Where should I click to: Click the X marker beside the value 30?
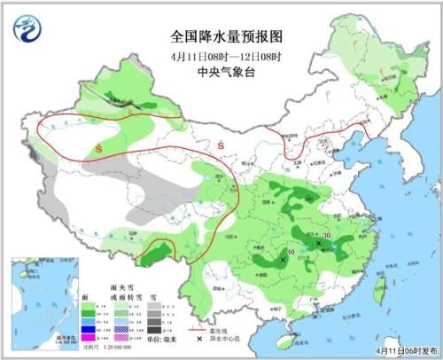318,242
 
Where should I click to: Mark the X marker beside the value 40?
283,261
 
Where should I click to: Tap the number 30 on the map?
328,235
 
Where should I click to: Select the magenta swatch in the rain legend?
88,337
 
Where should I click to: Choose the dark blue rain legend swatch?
88,326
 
